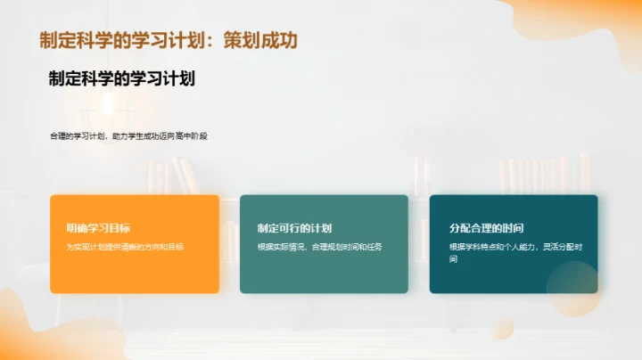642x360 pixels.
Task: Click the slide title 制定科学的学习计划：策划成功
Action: click(169, 40)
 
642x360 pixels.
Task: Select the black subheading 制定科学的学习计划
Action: click(122, 78)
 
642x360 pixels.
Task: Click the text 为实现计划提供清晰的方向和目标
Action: click(125, 247)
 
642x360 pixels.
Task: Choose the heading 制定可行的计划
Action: click(294, 228)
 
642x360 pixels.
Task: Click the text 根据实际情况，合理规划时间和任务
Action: click(320, 247)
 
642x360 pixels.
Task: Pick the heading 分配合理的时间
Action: click(486, 228)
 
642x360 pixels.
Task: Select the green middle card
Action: click(324, 272)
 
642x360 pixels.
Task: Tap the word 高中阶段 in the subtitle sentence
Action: click(191, 136)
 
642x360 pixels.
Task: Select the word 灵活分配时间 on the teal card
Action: click(559, 247)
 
